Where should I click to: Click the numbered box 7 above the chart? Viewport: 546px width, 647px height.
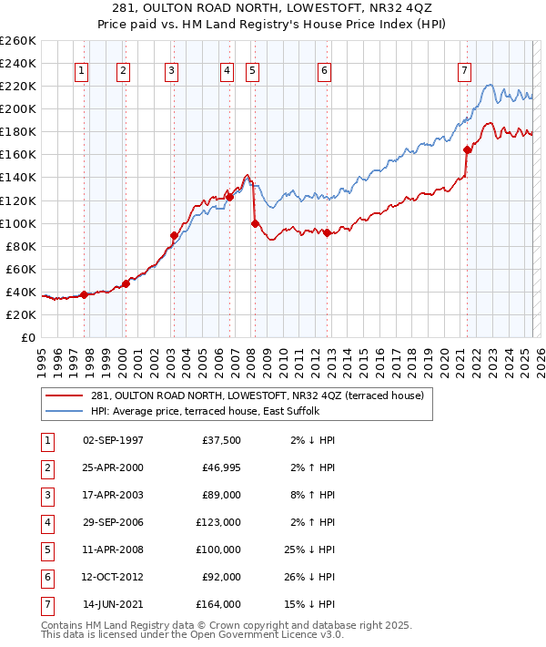[464, 70]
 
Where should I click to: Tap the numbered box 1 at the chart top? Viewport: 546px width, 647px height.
[82, 70]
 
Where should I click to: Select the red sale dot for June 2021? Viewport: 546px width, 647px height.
[467, 149]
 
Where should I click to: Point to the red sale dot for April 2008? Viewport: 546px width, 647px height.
[255, 223]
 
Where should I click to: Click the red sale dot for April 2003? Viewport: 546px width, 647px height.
[173, 235]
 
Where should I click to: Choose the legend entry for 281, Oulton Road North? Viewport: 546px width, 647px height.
[240, 395]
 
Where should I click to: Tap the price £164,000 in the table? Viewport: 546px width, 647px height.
[221, 604]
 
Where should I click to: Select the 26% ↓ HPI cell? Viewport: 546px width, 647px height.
[309, 577]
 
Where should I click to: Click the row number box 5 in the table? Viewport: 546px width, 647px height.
[46, 549]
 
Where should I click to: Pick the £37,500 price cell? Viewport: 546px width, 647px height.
[221, 440]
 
